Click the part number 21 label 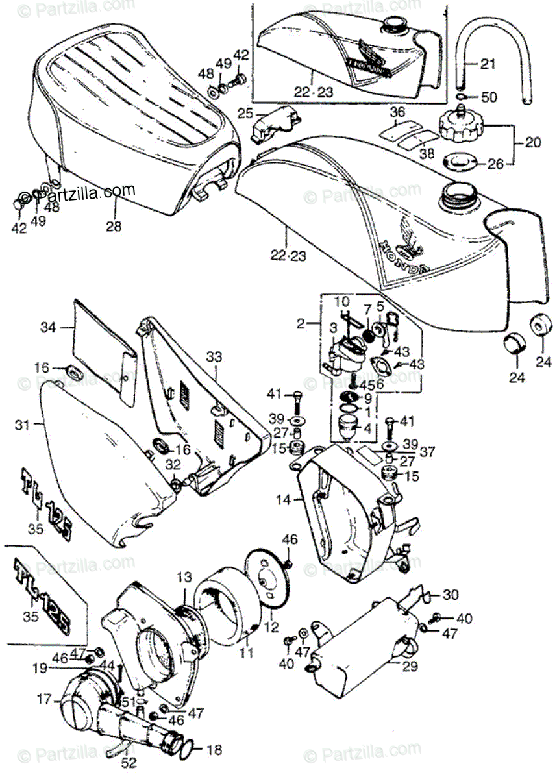click(488, 64)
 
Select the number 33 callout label click(214, 356)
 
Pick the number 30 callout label click(451, 595)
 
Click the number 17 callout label click(44, 699)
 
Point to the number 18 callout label click(214, 750)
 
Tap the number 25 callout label click(244, 114)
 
